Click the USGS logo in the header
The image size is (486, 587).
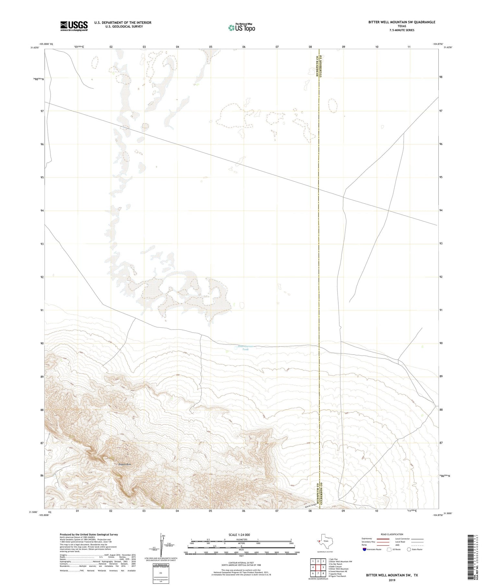coord(74,26)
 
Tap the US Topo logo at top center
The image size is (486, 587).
coord(241,28)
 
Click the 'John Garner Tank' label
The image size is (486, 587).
coord(245,348)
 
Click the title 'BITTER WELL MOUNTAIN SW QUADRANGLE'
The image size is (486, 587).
coord(401,22)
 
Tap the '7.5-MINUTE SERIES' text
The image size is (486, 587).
coord(401,30)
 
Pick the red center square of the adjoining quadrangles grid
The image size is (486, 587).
coord(318,567)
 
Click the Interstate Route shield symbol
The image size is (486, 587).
coord(364,549)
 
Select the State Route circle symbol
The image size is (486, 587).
coord(409,549)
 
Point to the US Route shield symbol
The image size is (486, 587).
coord(389,549)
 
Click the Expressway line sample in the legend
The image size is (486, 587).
coord(383,539)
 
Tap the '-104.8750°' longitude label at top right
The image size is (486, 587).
coord(438,44)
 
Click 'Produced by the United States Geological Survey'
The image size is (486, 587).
coord(89,535)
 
